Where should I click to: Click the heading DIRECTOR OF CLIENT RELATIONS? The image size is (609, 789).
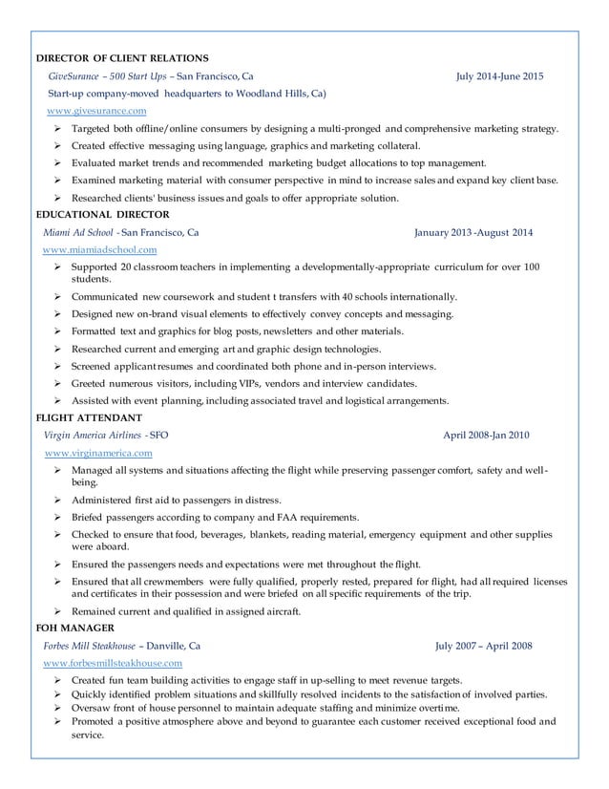click(122, 58)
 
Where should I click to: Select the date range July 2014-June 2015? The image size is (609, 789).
click(499, 75)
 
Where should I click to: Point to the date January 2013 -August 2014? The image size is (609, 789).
click(473, 232)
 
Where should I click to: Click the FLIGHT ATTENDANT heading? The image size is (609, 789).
click(89, 417)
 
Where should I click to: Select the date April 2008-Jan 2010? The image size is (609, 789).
click(487, 436)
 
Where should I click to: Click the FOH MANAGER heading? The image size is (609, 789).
click(74, 628)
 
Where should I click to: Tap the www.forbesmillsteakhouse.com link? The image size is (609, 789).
click(113, 662)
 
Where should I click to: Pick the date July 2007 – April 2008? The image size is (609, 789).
click(483, 645)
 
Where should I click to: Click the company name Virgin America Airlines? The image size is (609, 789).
click(94, 436)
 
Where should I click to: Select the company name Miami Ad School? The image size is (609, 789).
click(79, 232)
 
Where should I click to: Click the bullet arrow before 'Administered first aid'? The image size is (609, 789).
click(58, 501)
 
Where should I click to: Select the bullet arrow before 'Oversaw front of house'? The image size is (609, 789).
click(58, 708)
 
